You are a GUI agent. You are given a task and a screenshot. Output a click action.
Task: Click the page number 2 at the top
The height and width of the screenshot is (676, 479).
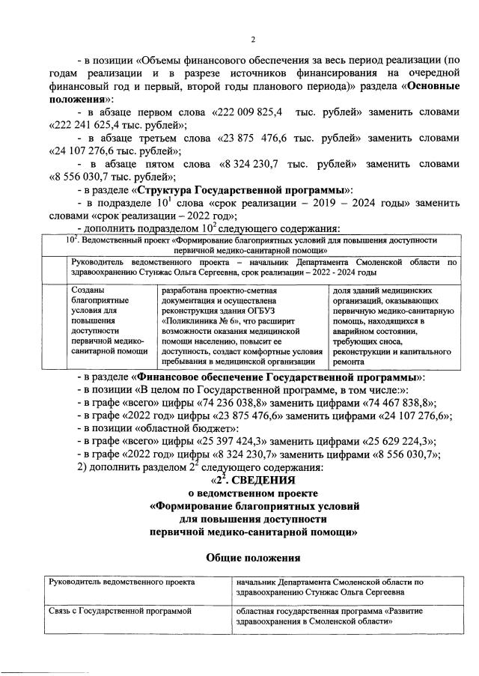point(253,40)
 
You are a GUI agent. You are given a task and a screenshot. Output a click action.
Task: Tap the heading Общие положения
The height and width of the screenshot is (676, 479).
point(253,556)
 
